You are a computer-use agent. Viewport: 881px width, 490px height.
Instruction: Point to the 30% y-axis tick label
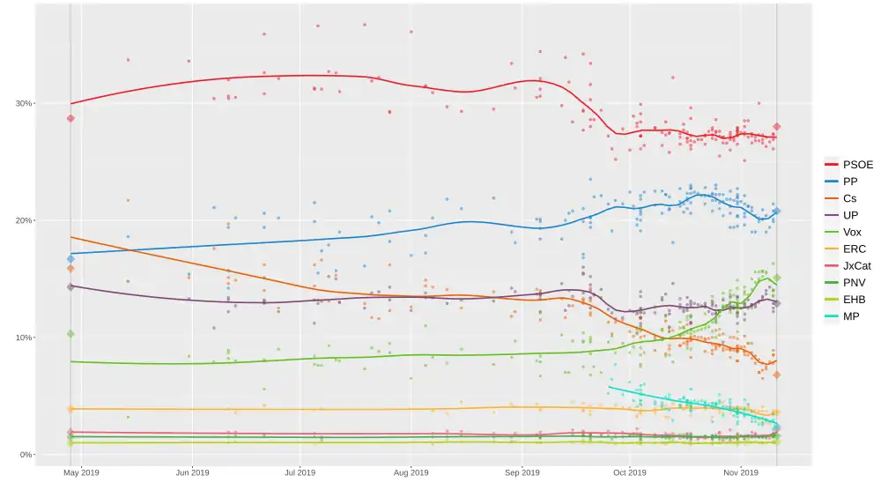(23, 103)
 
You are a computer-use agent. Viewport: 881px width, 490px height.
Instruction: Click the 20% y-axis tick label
(23, 220)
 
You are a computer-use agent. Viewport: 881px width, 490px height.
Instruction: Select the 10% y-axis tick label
(23, 338)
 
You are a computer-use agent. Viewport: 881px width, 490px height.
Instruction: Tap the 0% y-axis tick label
(26, 455)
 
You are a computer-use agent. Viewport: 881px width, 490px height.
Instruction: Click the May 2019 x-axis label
(82, 472)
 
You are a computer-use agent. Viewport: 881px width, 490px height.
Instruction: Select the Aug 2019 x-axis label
(411, 472)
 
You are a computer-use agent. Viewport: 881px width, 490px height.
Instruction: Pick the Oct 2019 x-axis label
(630, 472)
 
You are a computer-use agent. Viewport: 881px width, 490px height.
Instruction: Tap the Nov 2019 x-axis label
(741, 472)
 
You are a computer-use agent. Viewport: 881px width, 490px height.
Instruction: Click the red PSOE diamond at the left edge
(70, 118)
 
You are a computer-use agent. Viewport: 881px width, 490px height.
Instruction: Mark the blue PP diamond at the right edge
(776, 212)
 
